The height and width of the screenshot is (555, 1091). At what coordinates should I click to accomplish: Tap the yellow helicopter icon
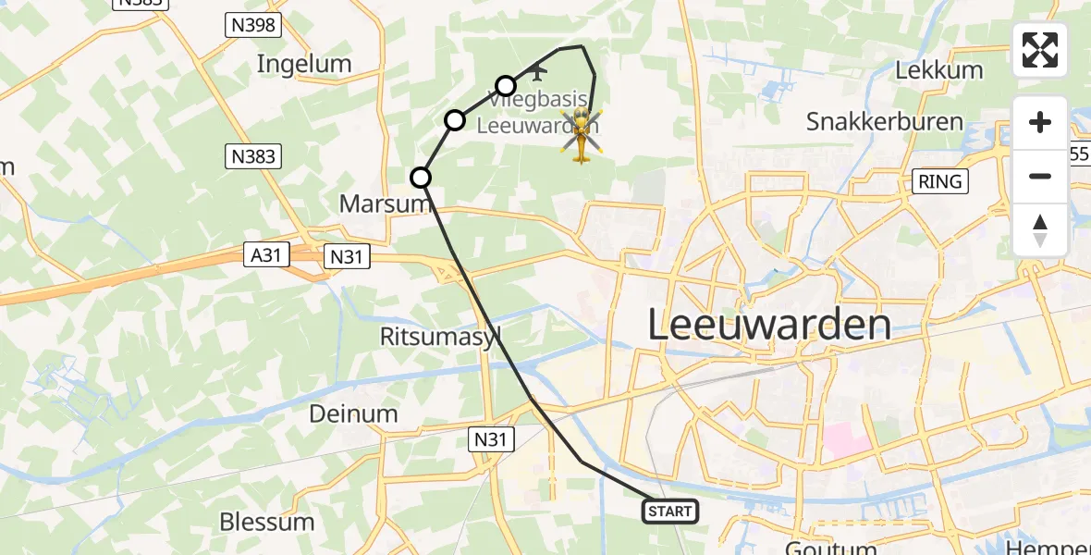pos(582,135)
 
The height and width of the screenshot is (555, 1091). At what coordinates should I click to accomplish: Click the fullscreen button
pos(1040,50)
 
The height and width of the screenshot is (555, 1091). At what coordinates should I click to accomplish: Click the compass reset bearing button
pos(1040,229)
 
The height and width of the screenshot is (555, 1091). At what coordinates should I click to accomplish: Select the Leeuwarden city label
pos(769,325)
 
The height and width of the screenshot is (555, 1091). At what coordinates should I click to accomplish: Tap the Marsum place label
pos(384,203)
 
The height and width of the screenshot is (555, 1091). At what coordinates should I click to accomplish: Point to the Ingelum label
pos(304,64)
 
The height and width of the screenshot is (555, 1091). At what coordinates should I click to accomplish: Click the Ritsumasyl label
pos(437,336)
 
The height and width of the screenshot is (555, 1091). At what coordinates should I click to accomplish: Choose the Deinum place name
pos(353,413)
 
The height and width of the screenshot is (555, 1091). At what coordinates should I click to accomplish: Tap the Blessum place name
pos(267,522)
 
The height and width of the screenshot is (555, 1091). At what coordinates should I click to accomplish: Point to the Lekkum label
pos(938,70)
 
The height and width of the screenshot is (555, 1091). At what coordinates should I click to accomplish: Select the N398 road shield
pos(252,26)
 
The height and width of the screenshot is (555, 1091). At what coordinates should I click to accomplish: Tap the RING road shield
pos(940,181)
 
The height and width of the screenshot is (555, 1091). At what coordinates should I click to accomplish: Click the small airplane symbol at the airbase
pos(539,70)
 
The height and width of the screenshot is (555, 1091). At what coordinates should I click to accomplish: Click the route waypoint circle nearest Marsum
pos(421,177)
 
